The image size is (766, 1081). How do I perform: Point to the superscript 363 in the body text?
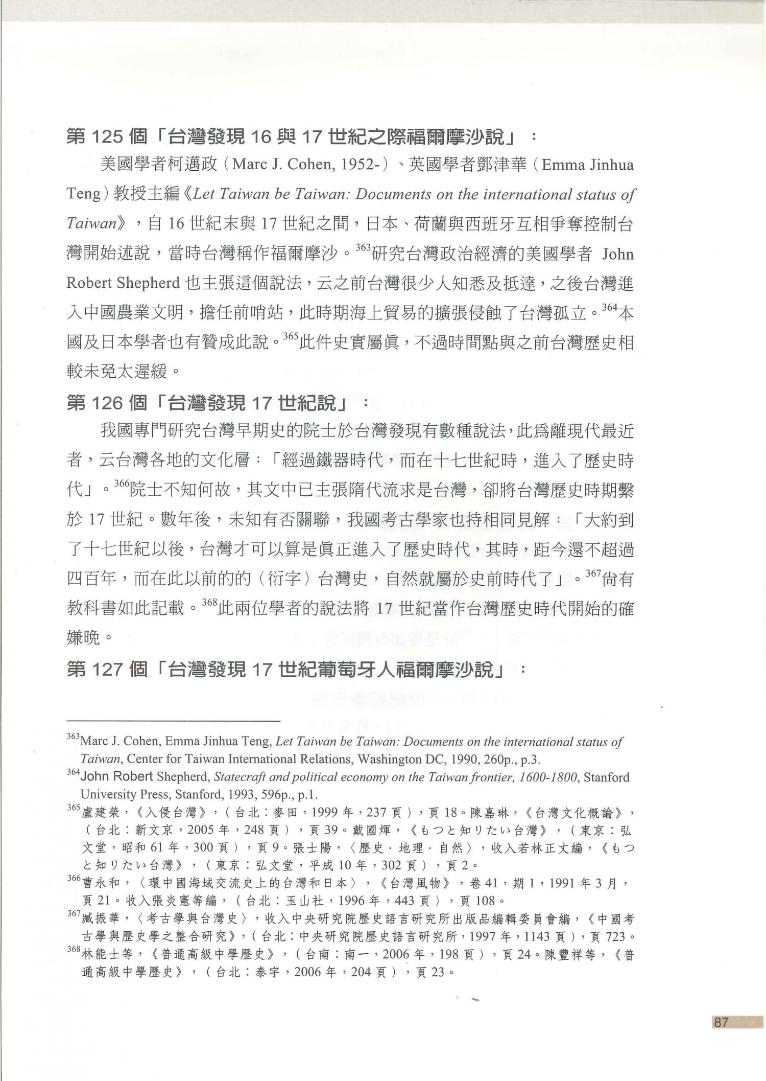point(362,248)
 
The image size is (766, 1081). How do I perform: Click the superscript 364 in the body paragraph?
point(610,308)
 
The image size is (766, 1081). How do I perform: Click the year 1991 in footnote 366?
point(563,883)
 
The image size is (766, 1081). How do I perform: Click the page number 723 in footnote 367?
point(614,937)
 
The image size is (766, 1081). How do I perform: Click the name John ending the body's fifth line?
point(617,254)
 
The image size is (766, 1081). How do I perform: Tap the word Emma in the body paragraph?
point(560,165)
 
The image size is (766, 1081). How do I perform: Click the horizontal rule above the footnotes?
point(174,721)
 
